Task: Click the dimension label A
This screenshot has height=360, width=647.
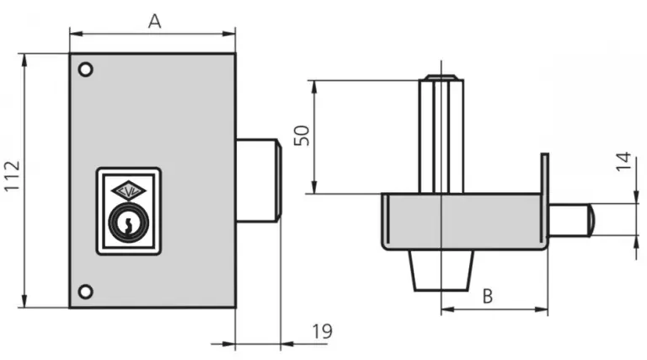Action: (154, 21)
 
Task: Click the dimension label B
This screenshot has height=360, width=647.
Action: (487, 296)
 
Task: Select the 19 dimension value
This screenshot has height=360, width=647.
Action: (321, 332)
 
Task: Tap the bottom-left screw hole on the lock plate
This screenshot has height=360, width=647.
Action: (84, 292)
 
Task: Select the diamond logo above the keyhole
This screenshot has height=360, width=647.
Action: (128, 191)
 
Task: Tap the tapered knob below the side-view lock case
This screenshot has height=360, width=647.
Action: (441, 270)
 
